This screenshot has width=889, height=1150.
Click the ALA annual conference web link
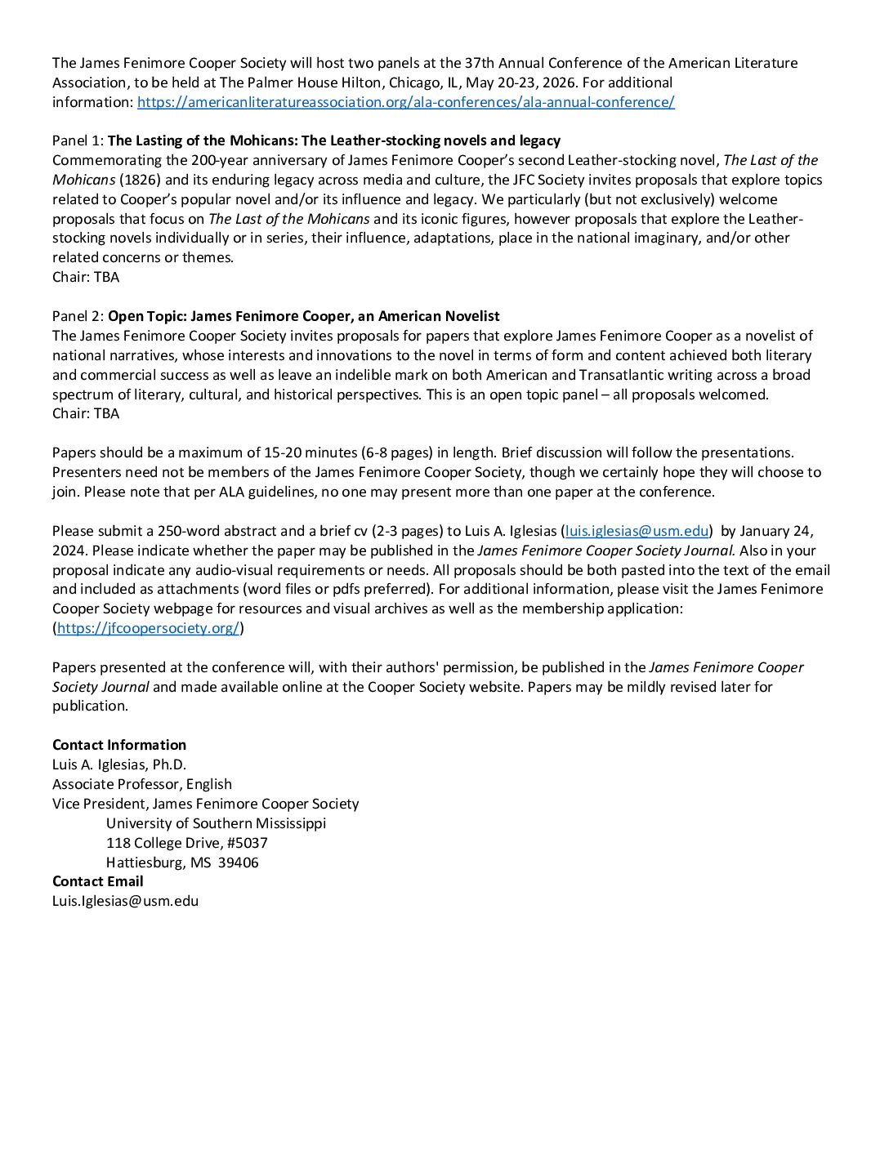pyautogui.click(x=405, y=102)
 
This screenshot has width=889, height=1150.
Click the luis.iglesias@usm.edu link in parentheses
pyautogui.click(x=637, y=531)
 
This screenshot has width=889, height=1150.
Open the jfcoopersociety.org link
pyautogui.click(x=148, y=628)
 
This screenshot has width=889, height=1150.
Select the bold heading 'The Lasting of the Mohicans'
pyautogui.click(x=333, y=140)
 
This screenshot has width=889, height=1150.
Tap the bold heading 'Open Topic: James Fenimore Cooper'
pyautogui.click(x=303, y=316)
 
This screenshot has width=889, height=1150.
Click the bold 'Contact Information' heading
pyautogui.click(x=119, y=745)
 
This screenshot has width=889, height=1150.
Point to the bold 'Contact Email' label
pyautogui.click(x=98, y=881)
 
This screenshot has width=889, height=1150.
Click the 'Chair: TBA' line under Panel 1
pyautogui.click(x=86, y=277)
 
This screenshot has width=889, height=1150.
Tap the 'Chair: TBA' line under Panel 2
pyautogui.click(x=86, y=413)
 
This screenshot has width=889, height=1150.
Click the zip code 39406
pyautogui.click(x=238, y=862)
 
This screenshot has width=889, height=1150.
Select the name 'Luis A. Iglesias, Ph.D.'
pyautogui.click(x=119, y=764)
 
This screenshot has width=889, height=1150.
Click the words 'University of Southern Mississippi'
pyautogui.click(x=216, y=823)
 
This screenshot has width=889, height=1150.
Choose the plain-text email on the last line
pyautogui.click(x=125, y=901)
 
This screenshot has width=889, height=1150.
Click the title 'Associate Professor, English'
pyautogui.click(x=142, y=784)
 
